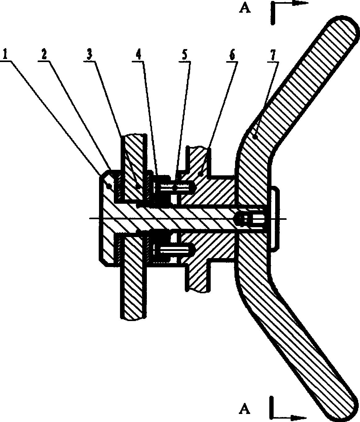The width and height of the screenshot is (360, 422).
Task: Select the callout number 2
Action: [44, 54]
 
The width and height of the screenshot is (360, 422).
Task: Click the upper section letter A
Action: [245, 9]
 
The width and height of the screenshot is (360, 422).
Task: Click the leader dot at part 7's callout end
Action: [254, 137]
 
